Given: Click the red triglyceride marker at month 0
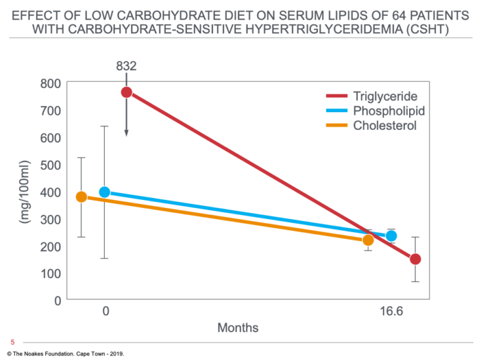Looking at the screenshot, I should click(127, 92).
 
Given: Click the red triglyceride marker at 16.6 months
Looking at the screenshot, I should click(415, 259).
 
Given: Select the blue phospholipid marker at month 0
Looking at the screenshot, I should click(104, 192).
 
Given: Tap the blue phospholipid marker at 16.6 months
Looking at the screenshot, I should click(391, 236).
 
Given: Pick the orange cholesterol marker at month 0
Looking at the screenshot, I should click(81, 197).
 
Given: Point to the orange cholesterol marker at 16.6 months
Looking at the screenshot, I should click(368, 240).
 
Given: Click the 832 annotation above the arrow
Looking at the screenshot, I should click(127, 66).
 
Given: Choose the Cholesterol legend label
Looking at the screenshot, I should click(385, 126).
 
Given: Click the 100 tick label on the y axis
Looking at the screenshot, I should click(50, 273).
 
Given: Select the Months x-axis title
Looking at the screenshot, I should click(238, 328).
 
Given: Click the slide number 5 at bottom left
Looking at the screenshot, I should click(12, 342).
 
